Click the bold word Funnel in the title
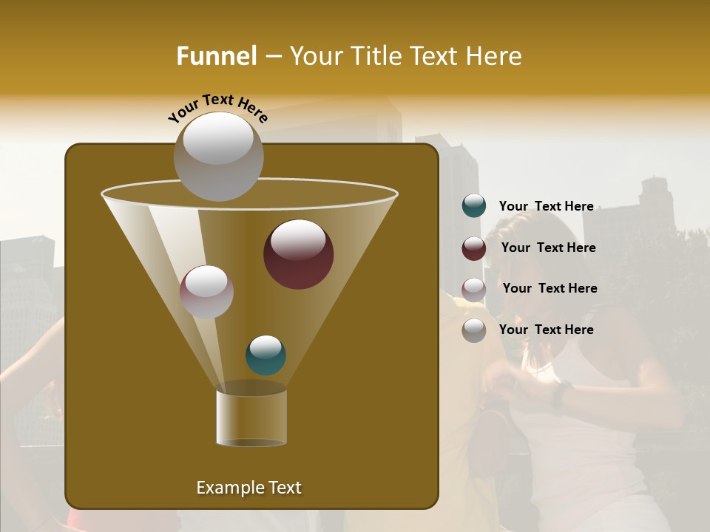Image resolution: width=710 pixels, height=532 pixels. [217, 56]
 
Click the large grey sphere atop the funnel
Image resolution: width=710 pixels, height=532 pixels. [218, 157]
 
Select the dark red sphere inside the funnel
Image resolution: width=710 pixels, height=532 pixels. [298, 254]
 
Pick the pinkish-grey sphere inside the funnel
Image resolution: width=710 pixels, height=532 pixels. [206, 292]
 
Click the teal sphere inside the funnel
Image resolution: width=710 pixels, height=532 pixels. [266, 355]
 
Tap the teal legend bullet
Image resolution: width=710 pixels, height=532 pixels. [474, 206]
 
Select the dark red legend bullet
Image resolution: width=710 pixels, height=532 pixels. [474, 248]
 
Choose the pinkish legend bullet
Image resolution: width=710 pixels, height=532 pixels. [474, 289]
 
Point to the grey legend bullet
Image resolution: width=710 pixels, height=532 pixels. [474, 330]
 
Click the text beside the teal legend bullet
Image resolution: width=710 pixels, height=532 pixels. [546, 206]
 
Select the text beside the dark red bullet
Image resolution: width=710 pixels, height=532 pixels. [548, 248]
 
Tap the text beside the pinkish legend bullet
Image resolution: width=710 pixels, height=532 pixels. [550, 288]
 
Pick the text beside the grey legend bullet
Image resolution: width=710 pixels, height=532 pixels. [546, 330]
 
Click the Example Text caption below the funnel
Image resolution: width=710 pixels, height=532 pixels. [248, 488]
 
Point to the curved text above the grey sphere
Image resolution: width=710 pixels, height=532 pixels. [217, 107]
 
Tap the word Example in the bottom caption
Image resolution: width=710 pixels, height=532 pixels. [225, 488]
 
